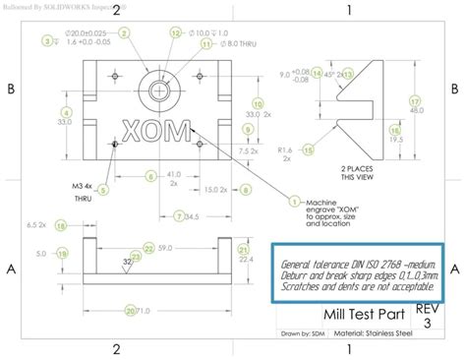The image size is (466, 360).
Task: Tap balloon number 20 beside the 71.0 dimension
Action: [132, 285]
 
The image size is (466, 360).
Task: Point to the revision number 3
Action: [427, 295]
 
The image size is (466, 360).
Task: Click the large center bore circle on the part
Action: [156, 88]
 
